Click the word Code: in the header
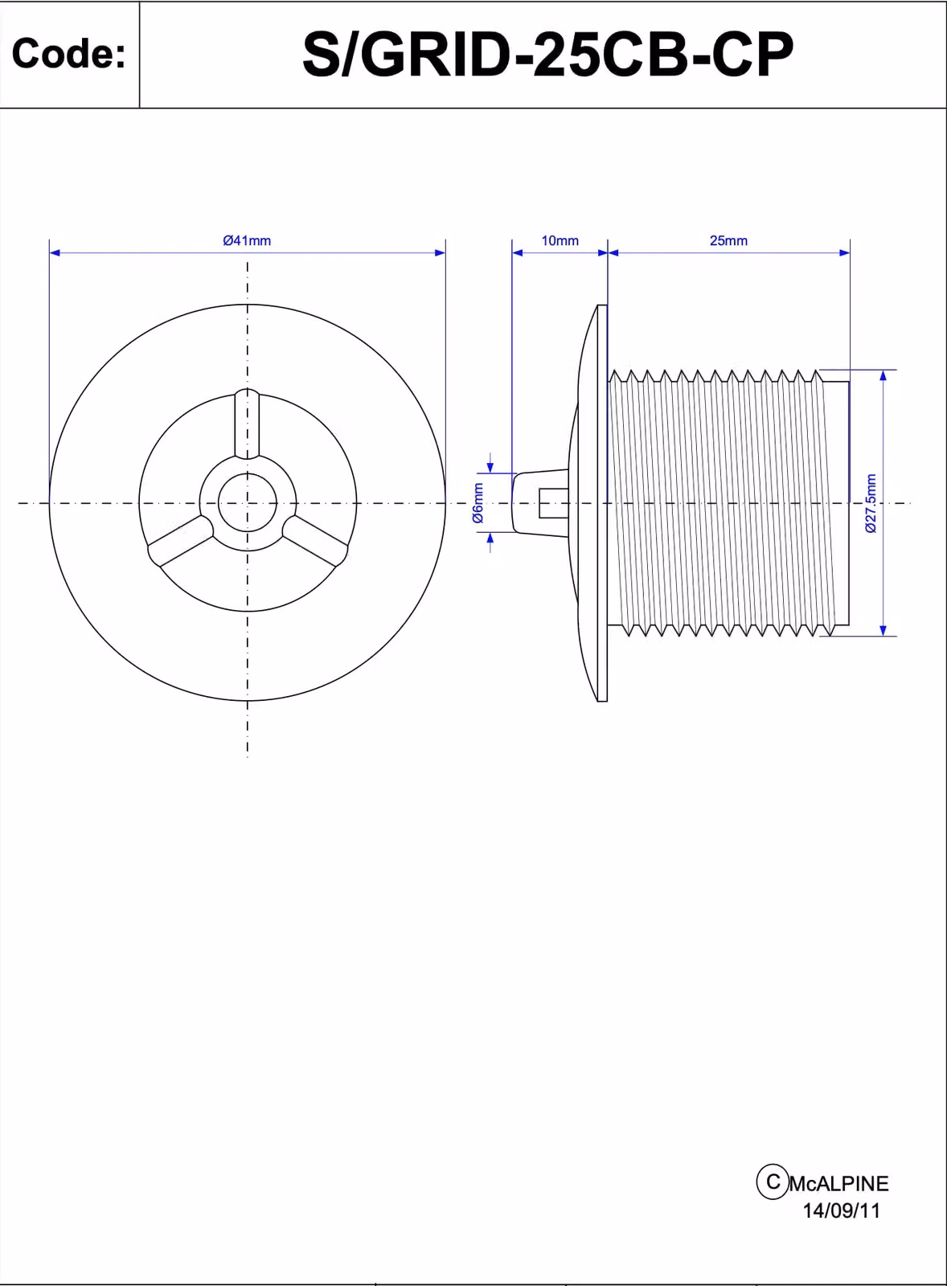[68, 53]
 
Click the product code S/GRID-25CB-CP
[548, 55]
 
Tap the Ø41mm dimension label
[247, 240]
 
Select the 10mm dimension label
[560, 240]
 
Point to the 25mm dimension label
[729, 240]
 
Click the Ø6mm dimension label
[478, 502]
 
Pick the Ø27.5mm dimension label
[871, 503]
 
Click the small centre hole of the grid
[248, 503]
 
